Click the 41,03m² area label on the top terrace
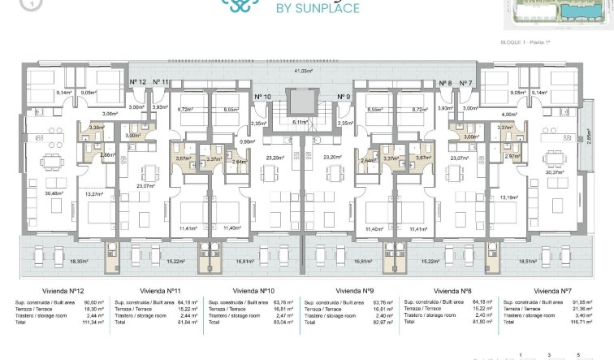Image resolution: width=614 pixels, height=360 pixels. click(x=302, y=72)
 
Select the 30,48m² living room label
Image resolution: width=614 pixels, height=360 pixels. click(x=54, y=193)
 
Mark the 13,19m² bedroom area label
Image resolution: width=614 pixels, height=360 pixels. click(x=508, y=197)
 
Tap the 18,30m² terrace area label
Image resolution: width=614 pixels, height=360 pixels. click(x=80, y=262)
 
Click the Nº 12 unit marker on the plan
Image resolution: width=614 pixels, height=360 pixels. click(x=138, y=82)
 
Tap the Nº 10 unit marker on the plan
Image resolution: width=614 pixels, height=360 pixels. click(x=262, y=97)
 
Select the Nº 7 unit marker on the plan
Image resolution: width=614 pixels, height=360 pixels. click(x=465, y=83)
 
